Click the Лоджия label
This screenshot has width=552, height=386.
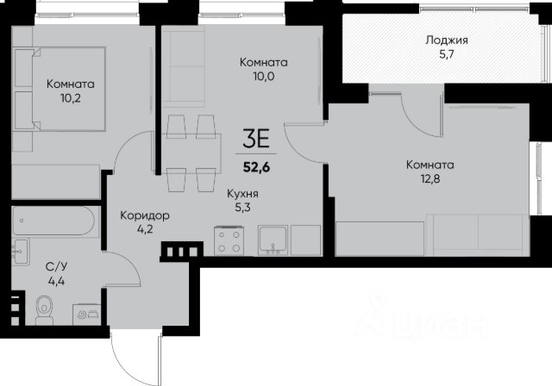point(447,40)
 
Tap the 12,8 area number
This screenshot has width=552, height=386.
point(430,179)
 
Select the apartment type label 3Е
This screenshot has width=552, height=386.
point(256,139)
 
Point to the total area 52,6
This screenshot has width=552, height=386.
point(256,167)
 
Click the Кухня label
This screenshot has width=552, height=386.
point(242,194)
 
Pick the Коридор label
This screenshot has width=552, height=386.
point(145,215)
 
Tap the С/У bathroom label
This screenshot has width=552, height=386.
point(56,267)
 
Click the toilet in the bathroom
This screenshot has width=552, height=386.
point(44,310)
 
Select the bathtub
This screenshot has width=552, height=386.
point(53,221)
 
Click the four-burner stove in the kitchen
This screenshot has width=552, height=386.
point(229,240)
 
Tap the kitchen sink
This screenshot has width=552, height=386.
point(273,240)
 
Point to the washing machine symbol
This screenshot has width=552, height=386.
point(86,314)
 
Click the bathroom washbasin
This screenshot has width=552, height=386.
point(20,252)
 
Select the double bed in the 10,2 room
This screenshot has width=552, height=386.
point(60,90)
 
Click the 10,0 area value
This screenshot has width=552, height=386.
point(263,77)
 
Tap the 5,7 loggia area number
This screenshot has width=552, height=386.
point(447,54)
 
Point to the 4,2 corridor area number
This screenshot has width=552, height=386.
point(145,229)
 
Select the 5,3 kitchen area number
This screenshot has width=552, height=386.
point(242,208)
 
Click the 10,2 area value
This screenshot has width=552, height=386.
point(71,98)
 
